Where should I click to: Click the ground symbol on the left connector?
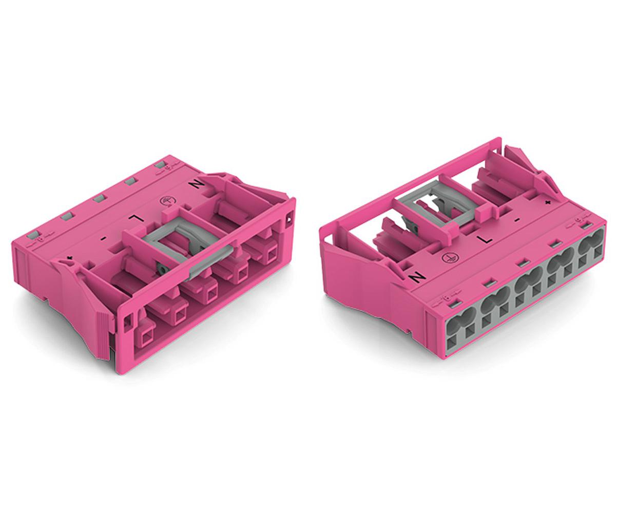[166, 201]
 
